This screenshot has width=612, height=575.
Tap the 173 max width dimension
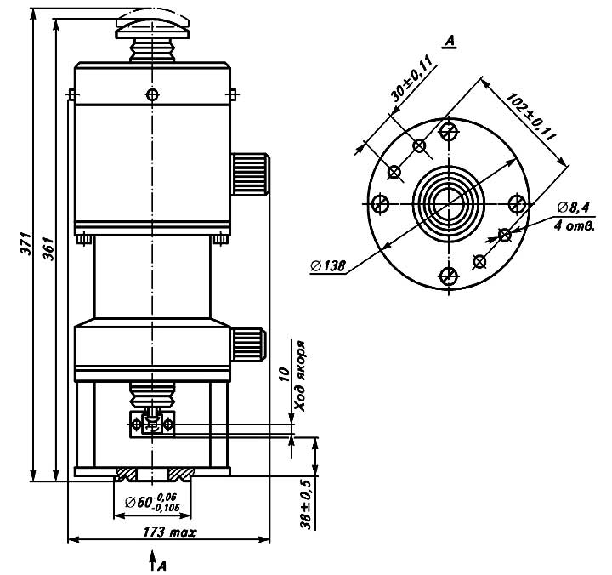point(169,532)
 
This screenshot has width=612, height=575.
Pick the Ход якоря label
point(300,380)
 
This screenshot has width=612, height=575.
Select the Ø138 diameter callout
point(327,267)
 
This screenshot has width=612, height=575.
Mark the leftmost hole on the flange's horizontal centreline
point(381,203)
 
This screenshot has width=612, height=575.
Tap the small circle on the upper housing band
point(152,93)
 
